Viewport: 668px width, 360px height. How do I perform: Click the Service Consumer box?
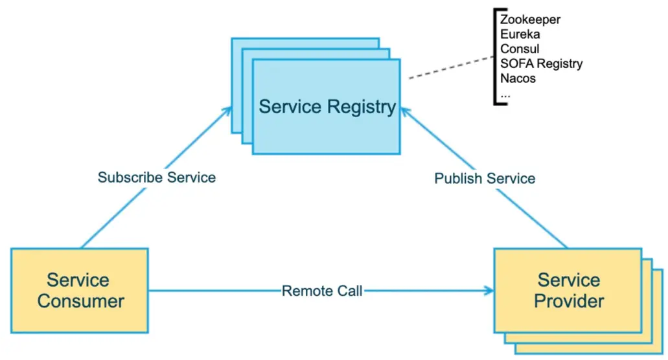[80, 290]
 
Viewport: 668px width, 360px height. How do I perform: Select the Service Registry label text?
[327, 107]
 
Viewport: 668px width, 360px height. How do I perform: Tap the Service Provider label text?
[569, 290]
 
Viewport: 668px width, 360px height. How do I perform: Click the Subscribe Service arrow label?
[157, 177]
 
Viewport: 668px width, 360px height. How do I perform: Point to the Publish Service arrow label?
[485, 179]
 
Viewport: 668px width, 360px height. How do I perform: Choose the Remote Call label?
[322, 291]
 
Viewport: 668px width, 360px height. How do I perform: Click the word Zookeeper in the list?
[530, 19]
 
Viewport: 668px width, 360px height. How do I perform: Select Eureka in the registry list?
[520, 34]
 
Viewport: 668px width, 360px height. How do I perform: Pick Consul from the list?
[520, 49]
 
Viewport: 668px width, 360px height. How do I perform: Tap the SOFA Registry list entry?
[541, 63]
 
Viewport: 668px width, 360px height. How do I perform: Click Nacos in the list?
[518, 78]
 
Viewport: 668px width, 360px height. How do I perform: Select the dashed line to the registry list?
[450, 68]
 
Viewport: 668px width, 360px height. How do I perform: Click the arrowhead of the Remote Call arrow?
[488, 291]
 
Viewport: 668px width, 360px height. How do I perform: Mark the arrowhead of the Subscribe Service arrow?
[228, 109]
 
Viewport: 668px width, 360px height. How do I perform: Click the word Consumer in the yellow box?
[80, 301]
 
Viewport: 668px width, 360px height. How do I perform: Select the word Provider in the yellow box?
[569, 301]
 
